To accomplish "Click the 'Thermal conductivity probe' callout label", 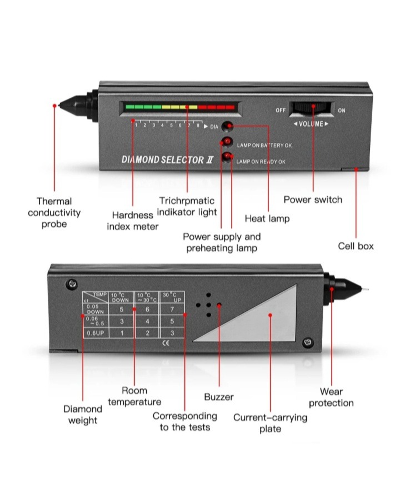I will tap(54, 213).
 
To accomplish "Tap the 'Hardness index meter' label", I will tap(133, 221).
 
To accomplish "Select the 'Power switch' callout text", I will tap(313, 200).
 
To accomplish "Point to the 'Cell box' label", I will tap(356, 246).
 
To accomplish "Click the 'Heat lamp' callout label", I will tap(267, 218).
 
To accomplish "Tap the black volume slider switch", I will tap(312, 109).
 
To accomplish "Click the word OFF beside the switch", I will tap(281, 111).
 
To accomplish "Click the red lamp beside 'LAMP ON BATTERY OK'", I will tap(228, 142).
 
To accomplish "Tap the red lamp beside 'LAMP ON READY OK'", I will tap(227, 158).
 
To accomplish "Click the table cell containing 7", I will tap(172, 309).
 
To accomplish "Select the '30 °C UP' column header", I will tap(172, 297).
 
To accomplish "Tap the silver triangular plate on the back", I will tap(261, 320).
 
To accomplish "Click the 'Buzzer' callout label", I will tap(219, 397).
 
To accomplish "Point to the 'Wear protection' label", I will tap(331, 397).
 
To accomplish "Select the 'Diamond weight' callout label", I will tap(83, 415).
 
